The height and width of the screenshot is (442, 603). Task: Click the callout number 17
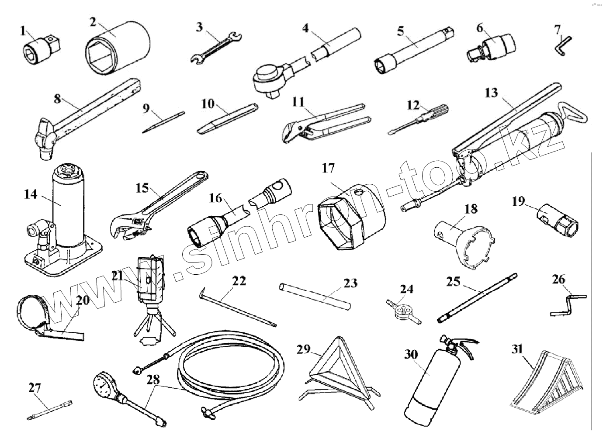tap(328, 168)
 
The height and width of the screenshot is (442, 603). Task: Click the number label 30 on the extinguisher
tap(411, 354)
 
